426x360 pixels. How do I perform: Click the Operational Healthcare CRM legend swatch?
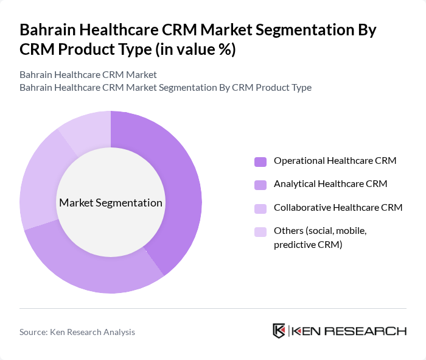tap(260, 161)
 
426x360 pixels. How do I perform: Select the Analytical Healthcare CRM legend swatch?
tap(260, 185)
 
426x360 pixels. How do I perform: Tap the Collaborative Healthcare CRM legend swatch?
tap(260, 208)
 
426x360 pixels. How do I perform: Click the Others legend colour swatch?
tap(260, 231)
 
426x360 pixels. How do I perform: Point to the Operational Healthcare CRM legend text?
tap(335, 161)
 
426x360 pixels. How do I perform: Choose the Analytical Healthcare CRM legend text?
tap(330, 184)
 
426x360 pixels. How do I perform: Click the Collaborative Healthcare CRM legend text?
tap(338, 208)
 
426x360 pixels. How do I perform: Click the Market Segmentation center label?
tap(111, 203)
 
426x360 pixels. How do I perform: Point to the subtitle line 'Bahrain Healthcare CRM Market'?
tap(88, 74)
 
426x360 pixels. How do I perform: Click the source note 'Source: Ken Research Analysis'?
tap(77, 332)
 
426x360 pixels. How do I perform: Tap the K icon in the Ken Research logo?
tap(279, 331)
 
